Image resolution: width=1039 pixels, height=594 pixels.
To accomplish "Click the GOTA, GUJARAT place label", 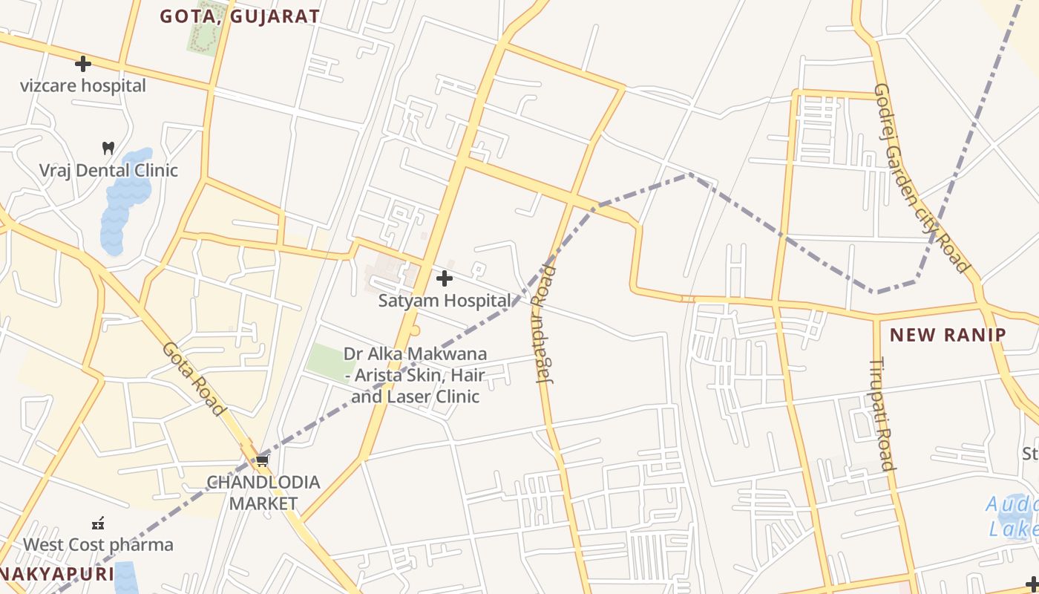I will click(x=240, y=16).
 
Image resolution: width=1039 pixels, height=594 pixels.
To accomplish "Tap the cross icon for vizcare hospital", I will click(x=83, y=64).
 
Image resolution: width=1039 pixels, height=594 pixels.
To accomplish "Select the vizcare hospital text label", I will click(x=83, y=85).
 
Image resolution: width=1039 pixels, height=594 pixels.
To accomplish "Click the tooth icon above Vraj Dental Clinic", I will click(x=108, y=148).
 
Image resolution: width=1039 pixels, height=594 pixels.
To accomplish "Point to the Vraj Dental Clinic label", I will click(x=108, y=170).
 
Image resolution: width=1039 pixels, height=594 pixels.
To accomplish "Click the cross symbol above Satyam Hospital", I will click(x=445, y=278).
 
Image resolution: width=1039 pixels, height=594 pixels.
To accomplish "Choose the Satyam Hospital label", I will click(x=445, y=301).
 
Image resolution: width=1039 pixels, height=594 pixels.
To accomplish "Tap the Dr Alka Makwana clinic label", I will click(x=416, y=375).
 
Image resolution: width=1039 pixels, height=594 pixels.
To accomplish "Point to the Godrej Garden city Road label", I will click(x=922, y=178).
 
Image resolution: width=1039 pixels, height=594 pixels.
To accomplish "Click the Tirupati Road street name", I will click(x=881, y=414).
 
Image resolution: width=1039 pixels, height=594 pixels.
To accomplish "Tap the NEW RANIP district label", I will click(x=948, y=335).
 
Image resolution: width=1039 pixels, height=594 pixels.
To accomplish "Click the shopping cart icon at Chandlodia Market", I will click(x=262, y=461).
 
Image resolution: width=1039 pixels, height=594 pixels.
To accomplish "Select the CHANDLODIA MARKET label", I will click(x=263, y=493).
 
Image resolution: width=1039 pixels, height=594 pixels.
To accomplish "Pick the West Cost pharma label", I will click(x=98, y=544).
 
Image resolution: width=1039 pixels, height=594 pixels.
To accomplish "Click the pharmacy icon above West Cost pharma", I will click(x=98, y=523).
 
